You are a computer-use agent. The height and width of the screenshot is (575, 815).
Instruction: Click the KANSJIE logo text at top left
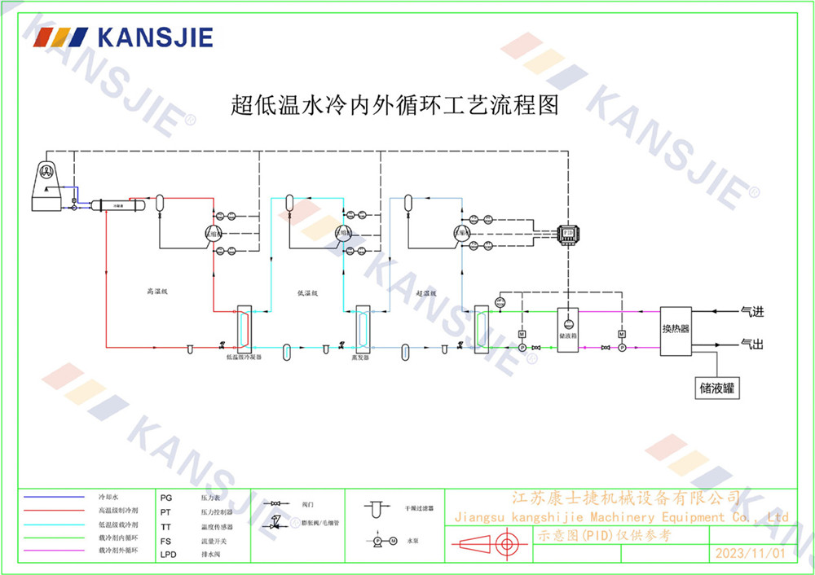tap(154, 37)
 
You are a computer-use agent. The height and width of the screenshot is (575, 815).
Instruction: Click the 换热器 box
tap(676, 328)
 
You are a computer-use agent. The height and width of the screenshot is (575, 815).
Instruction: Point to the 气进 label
tap(751, 311)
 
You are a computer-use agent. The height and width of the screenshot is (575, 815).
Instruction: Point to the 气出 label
tap(751, 345)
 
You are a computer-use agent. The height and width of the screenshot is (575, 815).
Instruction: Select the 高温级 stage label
tap(156, 291)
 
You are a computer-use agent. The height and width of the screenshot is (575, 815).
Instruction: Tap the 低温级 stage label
tap(307, 293)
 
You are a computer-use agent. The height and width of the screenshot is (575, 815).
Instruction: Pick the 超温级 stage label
tap(426, 293)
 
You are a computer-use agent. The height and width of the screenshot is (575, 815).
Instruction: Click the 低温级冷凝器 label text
tap(244, 357)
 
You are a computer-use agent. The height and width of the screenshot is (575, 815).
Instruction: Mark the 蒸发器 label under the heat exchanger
tap(360, 357)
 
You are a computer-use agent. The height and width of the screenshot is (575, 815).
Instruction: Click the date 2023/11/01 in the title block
tap(750, 553)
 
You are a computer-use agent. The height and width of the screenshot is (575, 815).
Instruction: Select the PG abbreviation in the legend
tap(166, 496)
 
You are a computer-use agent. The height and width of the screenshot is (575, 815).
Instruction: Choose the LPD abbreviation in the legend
tap(168, 555)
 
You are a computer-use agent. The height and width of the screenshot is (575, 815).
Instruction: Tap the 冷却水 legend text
tap(108, 496)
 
